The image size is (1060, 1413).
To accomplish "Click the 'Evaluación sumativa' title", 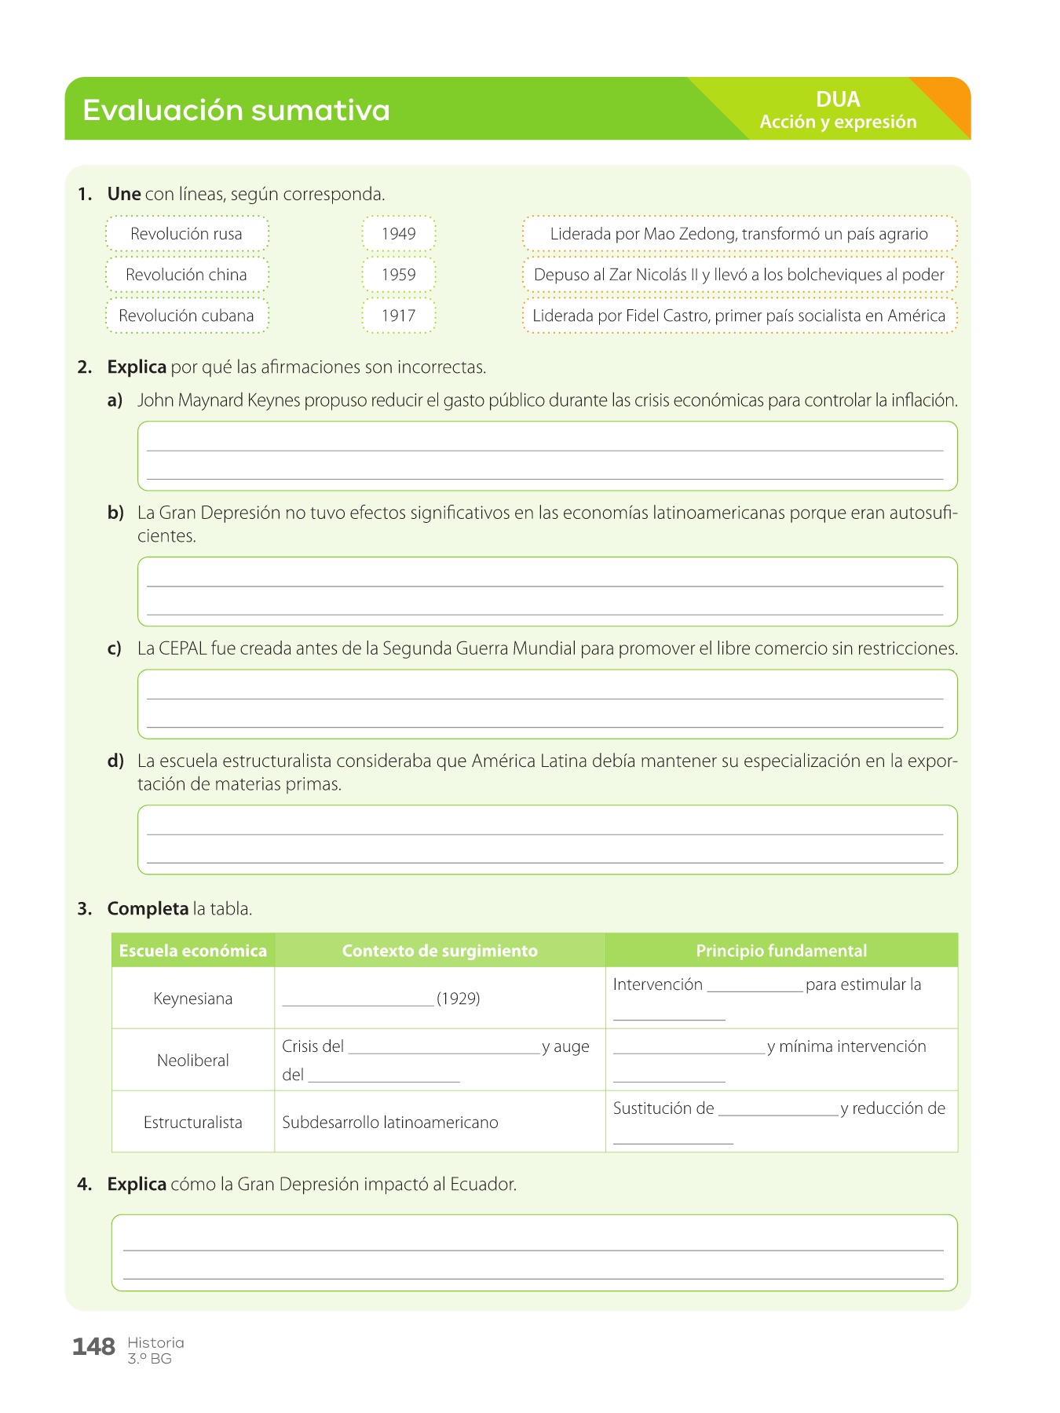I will pos(236,110).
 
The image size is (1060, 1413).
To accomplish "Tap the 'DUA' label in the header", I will pos(838,100).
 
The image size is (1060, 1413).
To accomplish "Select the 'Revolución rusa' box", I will pos(187,234).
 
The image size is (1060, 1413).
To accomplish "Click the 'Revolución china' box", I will pos(187,275).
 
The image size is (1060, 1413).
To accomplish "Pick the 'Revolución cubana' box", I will pos(187,316).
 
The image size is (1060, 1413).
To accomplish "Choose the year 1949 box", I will pos(398,234).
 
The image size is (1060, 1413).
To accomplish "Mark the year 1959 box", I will pos(398,275).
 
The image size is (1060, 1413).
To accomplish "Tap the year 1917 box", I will pos(398,316).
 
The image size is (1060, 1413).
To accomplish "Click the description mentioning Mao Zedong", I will pos(739,234).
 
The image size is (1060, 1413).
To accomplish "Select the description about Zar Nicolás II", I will pos(739,275).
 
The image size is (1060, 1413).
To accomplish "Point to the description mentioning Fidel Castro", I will pos(739,316).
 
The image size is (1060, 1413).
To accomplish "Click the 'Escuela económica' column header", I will pos(193,951).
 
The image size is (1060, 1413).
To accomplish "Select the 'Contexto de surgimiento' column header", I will pos(440,951).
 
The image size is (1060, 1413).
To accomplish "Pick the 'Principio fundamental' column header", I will pos(781,951).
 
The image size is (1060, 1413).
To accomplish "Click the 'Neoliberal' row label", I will pos(193,1061).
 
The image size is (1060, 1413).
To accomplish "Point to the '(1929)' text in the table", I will pos(459,999).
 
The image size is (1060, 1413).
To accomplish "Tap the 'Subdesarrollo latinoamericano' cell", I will pos(390,1123).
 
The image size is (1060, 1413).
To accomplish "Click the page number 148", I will pos(93,1347).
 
